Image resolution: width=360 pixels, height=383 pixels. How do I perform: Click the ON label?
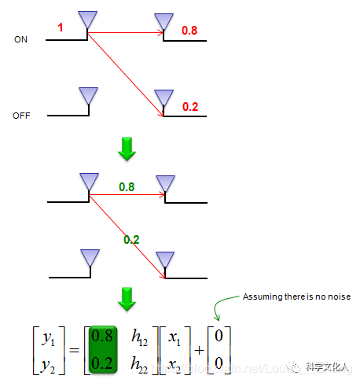pos(20,39)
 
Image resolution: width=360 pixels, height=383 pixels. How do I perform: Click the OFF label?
pos(21,116)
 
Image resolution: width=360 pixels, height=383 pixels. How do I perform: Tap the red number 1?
pos(61,28)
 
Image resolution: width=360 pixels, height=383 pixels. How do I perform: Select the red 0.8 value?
pos(189,31)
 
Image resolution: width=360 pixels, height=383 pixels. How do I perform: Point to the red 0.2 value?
pos(190,106)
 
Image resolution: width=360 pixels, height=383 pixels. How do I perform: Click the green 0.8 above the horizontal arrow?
pos(127,187)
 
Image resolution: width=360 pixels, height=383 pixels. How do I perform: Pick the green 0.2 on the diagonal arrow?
pos(131,238)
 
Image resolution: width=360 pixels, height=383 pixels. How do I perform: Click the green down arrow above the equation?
pos(126,298)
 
